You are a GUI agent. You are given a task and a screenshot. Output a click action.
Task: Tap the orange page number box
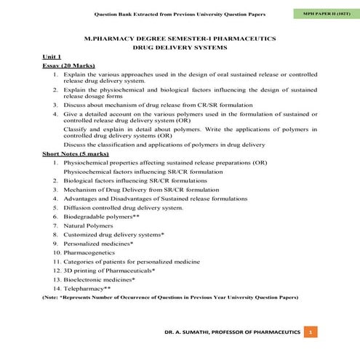[311, 332]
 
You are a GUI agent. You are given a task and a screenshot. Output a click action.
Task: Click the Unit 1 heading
[52, 56]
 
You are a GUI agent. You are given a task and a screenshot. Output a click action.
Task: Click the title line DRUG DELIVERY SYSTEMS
[180, 46]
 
